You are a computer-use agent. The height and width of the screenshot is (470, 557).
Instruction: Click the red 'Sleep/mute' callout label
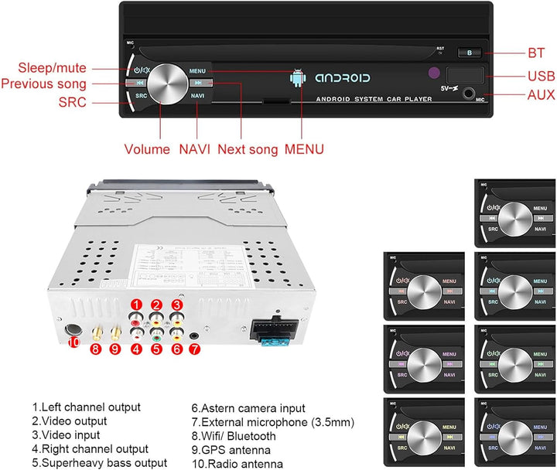tap(53, 68)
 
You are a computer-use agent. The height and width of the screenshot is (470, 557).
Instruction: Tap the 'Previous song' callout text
tap(44, 84)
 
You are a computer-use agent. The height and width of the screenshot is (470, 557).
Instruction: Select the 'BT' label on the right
tap(537, 53)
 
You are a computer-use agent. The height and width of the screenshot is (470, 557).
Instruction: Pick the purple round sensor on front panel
tap(433, 75)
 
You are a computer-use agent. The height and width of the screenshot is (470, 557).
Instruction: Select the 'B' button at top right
tap(469, 53)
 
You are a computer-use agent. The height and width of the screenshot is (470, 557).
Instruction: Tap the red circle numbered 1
tap(136, 305)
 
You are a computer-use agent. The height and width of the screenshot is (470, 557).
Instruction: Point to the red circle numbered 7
tap(194, 349)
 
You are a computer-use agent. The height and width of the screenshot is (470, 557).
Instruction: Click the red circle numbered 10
tap(74, 342)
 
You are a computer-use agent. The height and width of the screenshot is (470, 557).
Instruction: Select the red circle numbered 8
tap(96, 349)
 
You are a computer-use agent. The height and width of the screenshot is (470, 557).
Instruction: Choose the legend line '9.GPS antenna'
tap(233, 450)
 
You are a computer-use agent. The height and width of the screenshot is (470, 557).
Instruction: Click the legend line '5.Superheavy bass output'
tap(99, 463)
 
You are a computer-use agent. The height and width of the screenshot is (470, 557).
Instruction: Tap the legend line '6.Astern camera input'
tap(248, 407)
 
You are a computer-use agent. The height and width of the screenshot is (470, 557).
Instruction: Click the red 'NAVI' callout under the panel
tap(195, 149)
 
